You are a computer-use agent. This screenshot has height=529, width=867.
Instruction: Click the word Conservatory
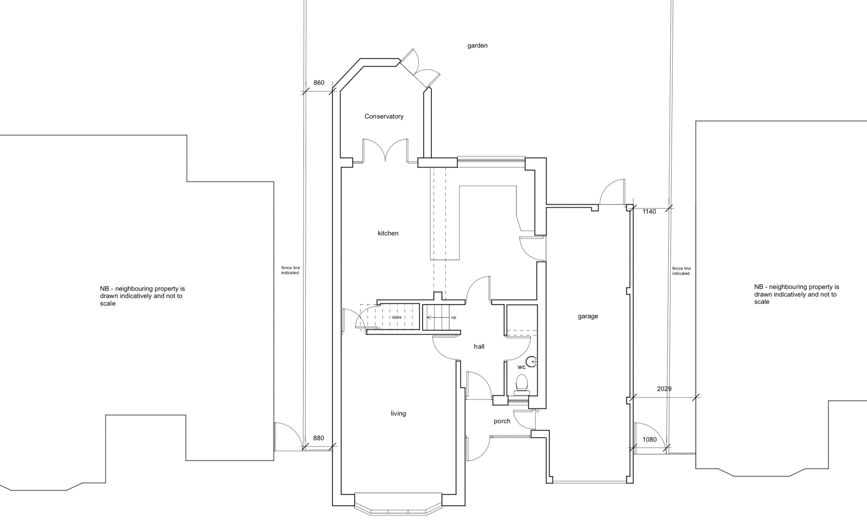tap(384, 117)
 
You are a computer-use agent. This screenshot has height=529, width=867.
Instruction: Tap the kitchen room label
tap(388, 233)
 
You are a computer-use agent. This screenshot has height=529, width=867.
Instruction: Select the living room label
tap(398, 414)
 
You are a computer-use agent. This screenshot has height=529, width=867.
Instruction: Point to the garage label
tap(588, 316)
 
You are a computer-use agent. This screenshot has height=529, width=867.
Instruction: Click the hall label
tap(479, 346)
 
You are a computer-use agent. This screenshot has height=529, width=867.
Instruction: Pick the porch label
tap(502, 421)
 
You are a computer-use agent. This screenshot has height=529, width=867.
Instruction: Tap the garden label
tap(477, 46)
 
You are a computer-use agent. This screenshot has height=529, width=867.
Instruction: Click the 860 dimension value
tap(319, 83)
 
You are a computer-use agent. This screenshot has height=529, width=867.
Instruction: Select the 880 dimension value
tap(318, 438)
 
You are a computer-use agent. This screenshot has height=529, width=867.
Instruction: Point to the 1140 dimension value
tap(649, 212)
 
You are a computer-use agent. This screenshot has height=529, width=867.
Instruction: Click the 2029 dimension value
tap(664, 389)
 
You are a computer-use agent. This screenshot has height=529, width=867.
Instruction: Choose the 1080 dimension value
tap(649, 439)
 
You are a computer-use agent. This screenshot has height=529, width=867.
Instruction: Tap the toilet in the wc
tap(522, 384)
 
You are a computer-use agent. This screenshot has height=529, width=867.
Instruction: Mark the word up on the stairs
tap(453, 317)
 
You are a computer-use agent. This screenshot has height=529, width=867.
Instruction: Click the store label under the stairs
tap(396, 317)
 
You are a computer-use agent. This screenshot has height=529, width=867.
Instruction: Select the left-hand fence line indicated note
tap(290, 270)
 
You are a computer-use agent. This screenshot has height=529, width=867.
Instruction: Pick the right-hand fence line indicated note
tap(681, 271)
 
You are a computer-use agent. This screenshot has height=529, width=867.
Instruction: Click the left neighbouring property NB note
tap(142, 296)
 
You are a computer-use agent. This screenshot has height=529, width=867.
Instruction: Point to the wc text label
tap(522, 367)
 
